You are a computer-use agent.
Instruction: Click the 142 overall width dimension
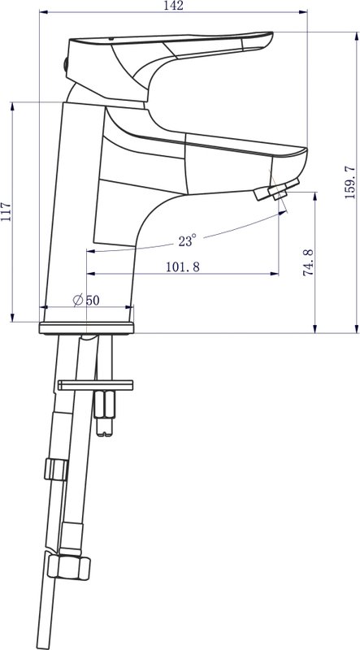(173, 6)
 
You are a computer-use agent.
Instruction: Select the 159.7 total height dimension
(350, 182)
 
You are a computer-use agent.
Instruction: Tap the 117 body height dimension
(6, 212)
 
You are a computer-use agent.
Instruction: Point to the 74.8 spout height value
(308, 262)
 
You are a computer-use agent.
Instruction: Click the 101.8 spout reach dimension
(183, 267)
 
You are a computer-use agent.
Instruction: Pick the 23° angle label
(187, 240)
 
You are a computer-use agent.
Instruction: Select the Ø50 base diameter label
(86, 300)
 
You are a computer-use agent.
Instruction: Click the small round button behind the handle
(65, 65)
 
